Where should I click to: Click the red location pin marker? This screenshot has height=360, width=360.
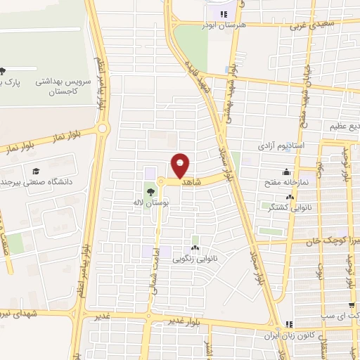click(181, 165)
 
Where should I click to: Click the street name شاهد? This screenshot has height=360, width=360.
click(192, 181)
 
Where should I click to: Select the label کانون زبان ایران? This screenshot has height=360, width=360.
click(288, 334)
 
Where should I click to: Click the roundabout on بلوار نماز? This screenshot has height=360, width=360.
click(103, 129)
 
